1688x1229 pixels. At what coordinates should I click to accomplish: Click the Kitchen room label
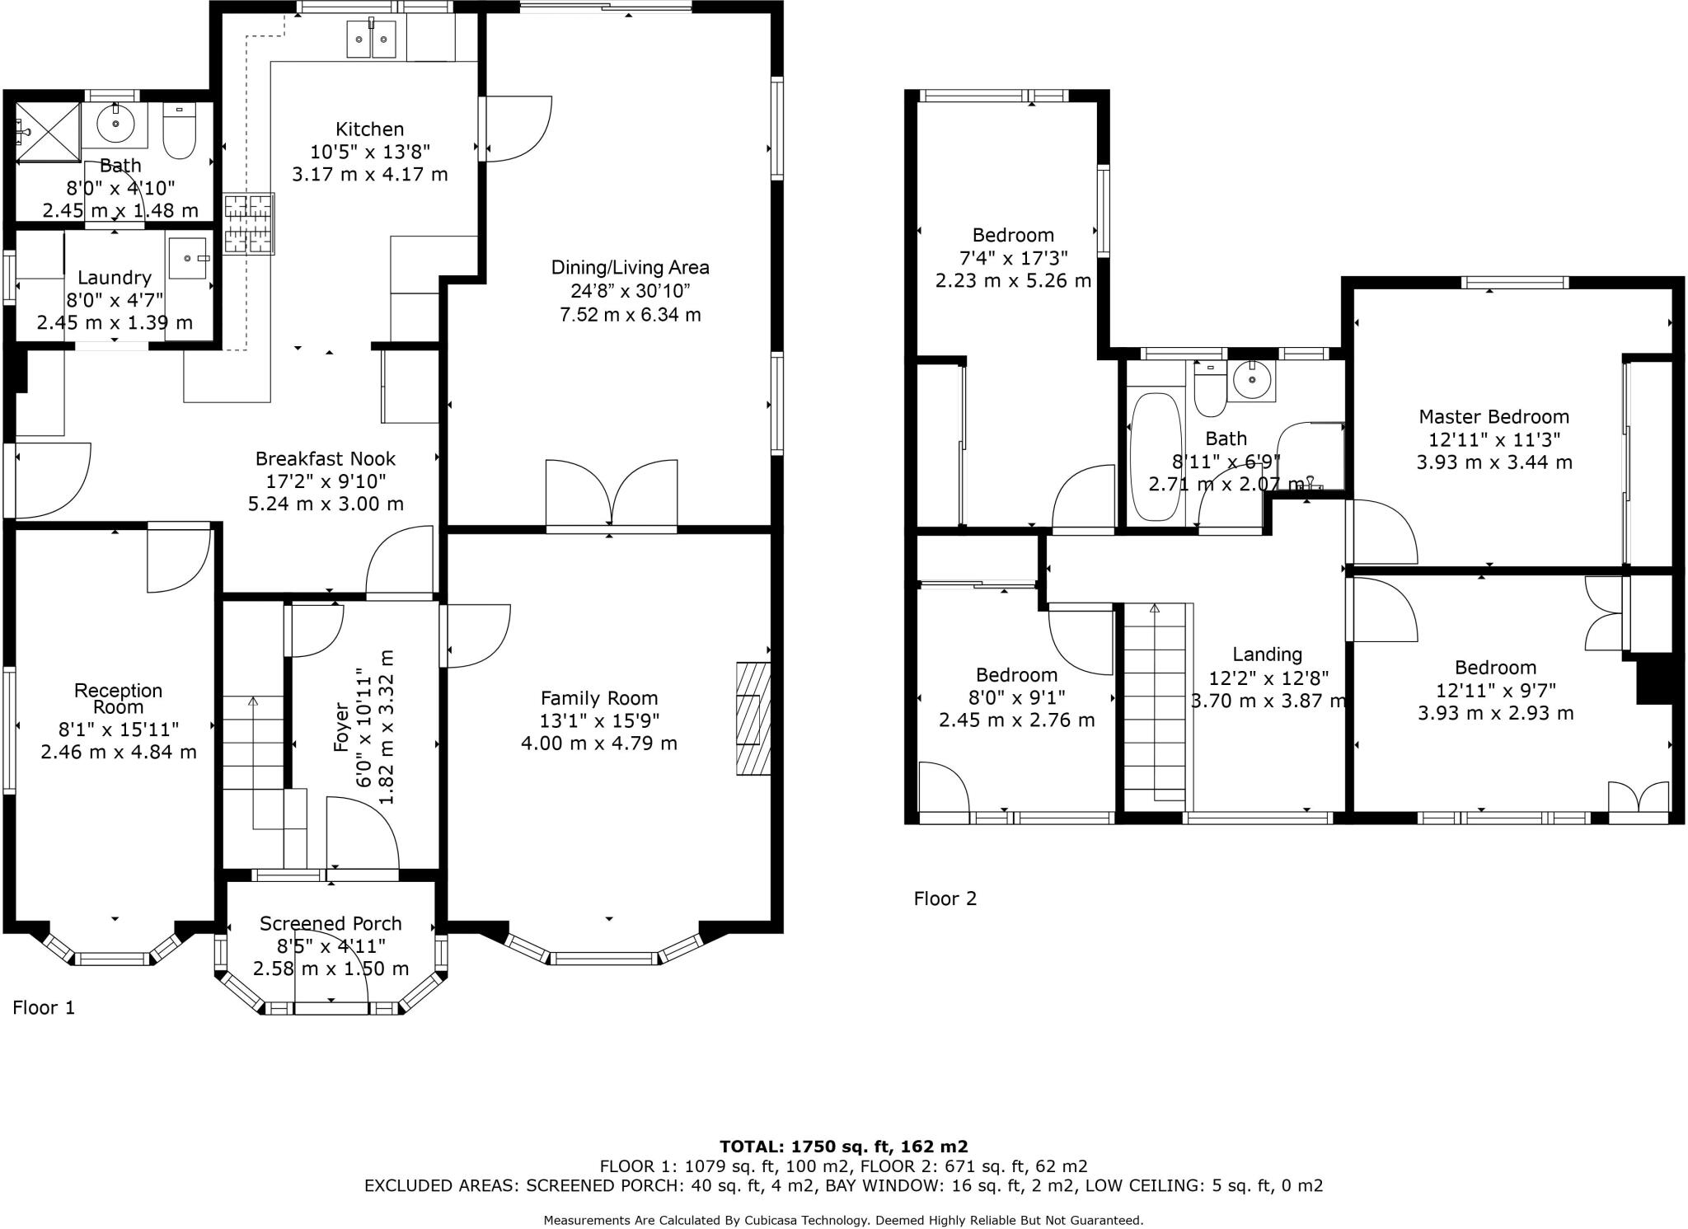tap(369, 129)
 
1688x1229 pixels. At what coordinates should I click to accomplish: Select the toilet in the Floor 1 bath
tap(179, 131)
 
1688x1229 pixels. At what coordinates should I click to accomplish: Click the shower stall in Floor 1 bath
tap(48, 133)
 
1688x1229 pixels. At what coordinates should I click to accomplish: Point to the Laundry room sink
tap(190, 258)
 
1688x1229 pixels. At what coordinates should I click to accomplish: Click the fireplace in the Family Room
tap(753, 718)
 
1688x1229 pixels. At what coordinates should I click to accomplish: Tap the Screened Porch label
tap(331, 923)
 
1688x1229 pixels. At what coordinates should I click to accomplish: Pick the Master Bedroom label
tap(1493, 417)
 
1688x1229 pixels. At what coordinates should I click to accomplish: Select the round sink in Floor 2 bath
tap(1251, 381)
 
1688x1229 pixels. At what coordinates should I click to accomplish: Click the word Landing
tap(1267, 654)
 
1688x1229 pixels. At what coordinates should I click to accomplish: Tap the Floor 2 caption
tap(945, 898)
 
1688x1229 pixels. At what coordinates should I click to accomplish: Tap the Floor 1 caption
tap(44, 1007)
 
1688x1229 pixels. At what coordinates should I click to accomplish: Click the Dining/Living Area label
tap(630, 268)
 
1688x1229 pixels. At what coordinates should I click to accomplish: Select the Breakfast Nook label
tap(326, 459)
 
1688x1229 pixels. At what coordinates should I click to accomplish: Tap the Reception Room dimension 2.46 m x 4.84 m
tap(119, 752)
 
